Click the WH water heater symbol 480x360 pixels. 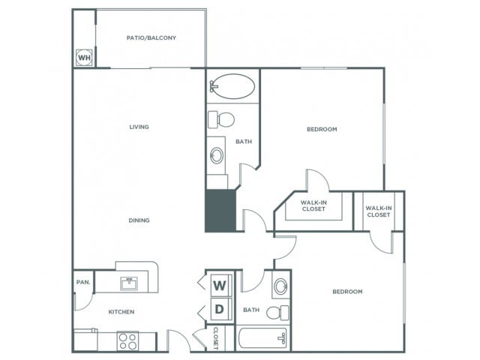[x=84, y=57]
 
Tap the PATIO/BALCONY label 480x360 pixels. [x=151, y=38]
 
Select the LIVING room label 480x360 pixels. [x=139, y=127]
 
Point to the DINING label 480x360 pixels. [x=139, y=220]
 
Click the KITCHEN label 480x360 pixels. [x=121, y=312]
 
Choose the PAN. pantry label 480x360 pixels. [x=83, y=282]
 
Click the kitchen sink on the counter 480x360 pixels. [x=129, y=283]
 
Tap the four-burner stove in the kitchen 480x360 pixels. [x=127, y=341]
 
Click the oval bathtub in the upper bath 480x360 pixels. [x=232, y=86]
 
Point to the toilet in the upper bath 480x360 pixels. [x=221, y=119]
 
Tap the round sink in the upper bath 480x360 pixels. [x=217, y=155]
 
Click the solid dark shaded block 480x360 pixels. [x=220, y=211]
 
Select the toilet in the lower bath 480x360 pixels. [x=277, y=313]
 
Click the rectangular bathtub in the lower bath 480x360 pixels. [x=263, y=338]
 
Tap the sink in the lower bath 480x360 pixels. [x=280, y=286]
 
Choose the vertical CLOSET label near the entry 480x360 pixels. [x=216, y=338]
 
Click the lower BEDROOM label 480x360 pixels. [x=347, y=292]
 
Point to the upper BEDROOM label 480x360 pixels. [x=322, y=129]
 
